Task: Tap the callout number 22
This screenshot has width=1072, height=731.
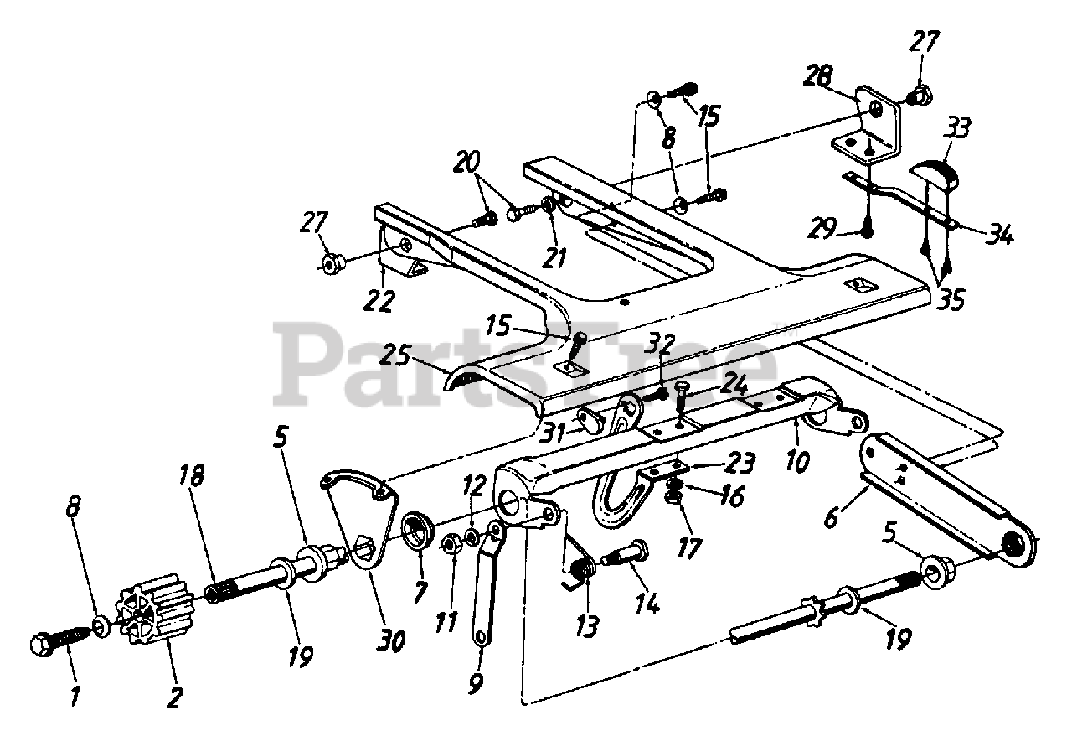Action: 379,299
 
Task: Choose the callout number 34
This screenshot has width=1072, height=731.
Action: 999,236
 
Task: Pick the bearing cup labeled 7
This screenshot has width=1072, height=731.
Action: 416,533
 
